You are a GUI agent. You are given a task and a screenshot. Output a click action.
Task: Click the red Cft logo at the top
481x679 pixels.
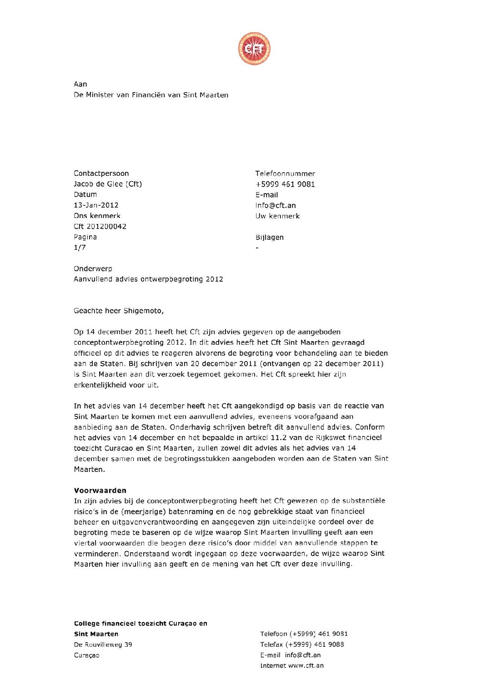(x=254, y=49)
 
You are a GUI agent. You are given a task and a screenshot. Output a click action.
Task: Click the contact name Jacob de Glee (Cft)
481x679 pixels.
(x=108, y=184)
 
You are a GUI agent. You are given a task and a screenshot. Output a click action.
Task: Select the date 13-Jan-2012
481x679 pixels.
(x=96, y=205)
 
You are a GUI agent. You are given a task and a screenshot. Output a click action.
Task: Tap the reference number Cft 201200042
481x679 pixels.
(x=100, y=226)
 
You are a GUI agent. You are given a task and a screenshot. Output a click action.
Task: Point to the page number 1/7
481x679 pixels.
(x=80, y=248)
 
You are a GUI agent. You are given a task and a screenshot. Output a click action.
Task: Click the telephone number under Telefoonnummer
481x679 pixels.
(x=285, y=184)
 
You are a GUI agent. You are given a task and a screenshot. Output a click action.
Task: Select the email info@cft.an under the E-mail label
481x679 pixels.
(x=276, y=205)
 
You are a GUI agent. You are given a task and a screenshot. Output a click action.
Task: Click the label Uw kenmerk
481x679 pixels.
(x=277, y=216)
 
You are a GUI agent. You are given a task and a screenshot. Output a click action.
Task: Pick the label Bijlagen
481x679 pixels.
(x=269, y=237)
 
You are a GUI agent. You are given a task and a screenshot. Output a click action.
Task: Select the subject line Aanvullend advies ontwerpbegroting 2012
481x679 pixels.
(x=148, y=279)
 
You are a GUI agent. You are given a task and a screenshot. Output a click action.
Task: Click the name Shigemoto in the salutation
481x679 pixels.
(x=143, y=311)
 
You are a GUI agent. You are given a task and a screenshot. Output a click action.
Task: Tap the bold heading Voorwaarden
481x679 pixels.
(x=100, y=490)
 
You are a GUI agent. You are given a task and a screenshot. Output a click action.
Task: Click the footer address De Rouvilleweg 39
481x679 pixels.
(x=103, y=644)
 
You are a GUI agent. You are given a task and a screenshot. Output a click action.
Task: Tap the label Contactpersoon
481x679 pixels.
(x=101, y=173)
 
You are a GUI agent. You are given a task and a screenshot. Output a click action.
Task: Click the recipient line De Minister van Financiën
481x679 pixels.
(x=151, y=95)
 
